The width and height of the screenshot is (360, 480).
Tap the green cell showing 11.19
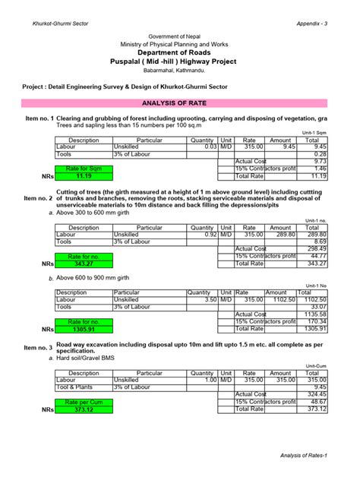83,175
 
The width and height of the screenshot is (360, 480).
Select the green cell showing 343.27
83,264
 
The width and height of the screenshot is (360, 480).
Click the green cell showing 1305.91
83,329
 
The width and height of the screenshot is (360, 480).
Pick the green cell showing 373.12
83,409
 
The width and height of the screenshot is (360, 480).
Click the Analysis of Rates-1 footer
304,454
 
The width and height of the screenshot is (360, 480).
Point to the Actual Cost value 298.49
314,248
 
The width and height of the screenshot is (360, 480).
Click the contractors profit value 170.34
314,321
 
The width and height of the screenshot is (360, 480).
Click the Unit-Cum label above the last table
315,366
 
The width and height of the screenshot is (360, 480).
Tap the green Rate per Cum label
83,402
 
